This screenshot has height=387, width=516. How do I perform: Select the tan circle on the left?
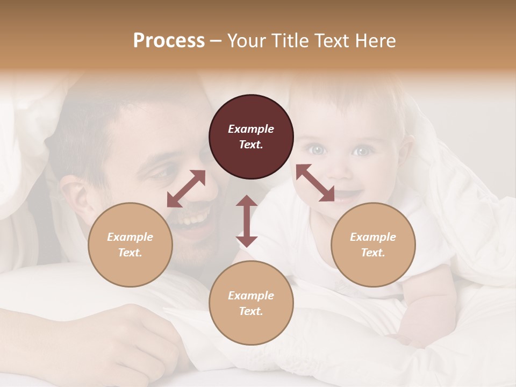[130, 245]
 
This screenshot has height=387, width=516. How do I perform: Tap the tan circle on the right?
[373, 245]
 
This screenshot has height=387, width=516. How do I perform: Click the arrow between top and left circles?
[186, 189]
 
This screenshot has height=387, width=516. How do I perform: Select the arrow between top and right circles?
[315, 183]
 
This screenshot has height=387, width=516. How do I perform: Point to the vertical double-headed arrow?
[247, 221]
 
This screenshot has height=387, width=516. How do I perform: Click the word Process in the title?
[169, 40]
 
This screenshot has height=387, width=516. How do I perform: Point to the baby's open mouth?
[347, 192]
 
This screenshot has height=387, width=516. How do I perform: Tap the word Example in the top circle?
[251, 129]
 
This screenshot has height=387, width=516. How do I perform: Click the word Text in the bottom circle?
[251, 311]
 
